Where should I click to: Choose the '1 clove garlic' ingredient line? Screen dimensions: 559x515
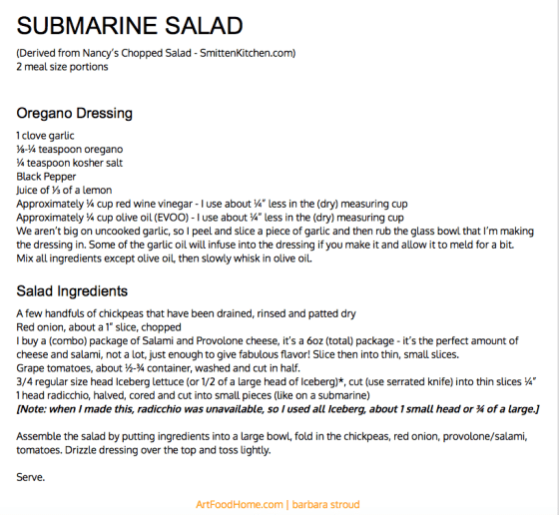click(x=46, y=135)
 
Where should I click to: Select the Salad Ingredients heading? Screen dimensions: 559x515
click(x=72, y=291)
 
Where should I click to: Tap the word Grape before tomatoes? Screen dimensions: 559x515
click(x=31, y=368)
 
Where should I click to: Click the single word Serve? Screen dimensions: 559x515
click(x=32, y=478)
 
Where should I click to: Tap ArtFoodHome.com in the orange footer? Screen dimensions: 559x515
click(x=237, y=505)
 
